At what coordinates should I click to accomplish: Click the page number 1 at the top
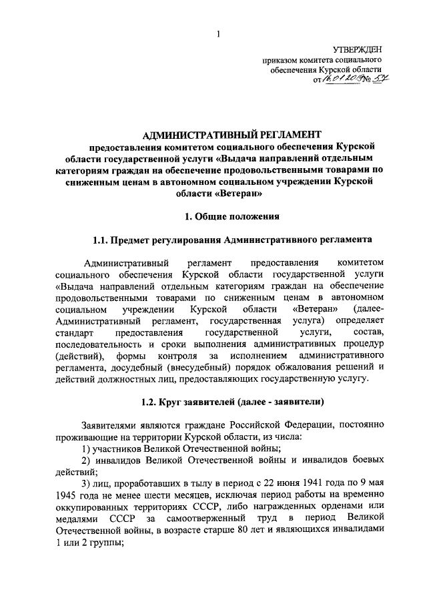pos(218,34)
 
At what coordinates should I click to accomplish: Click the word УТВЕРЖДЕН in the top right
pos(358,49)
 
